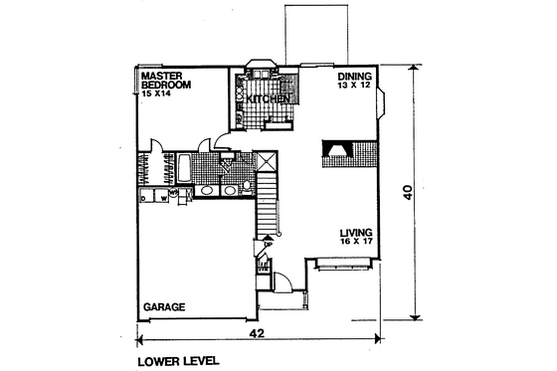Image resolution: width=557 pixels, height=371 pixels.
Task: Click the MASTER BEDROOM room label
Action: click(165, 80)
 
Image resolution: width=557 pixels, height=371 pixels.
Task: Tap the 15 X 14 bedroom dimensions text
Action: click(156, 92)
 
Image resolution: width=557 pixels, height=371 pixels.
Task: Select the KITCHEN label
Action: click(269, 100)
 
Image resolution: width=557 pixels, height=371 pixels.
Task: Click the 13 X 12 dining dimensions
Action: click(353, 87)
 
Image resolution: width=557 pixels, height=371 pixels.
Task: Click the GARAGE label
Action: click(163, 307)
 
